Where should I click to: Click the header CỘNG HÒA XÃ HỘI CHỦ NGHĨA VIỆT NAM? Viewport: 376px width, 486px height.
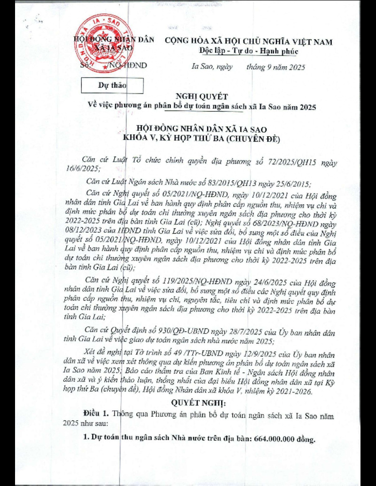248,41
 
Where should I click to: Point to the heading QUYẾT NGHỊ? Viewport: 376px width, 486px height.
198,403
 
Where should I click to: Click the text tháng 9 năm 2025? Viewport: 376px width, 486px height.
275,67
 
